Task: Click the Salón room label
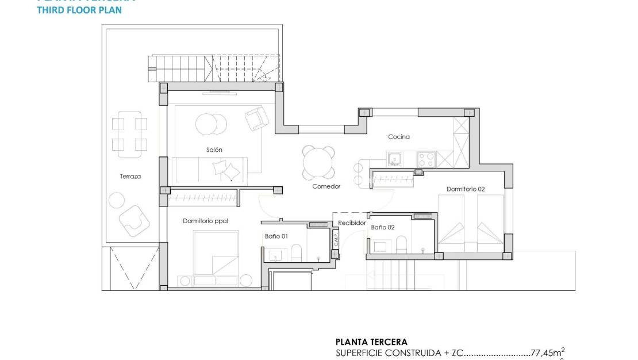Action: tap(214, 150)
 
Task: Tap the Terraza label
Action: tap(130, 177)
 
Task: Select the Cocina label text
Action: tap(399, 136)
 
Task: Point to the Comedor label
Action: tap(326, 186)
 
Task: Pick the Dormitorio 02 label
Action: tap(466, 189)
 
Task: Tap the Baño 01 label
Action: tap(276, 236)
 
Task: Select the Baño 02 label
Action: tap(383, 228)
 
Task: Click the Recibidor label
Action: tap(352, 223)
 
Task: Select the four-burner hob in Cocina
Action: tap(426, 158)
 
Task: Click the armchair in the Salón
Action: tap(256, 118)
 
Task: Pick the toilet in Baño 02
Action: tap(402, 244)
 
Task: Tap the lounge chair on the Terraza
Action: tap(134, 221)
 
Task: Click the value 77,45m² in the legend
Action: tap(547, 353)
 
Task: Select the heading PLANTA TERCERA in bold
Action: tap(371, 342)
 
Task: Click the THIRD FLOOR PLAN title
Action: tap(79, 10)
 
